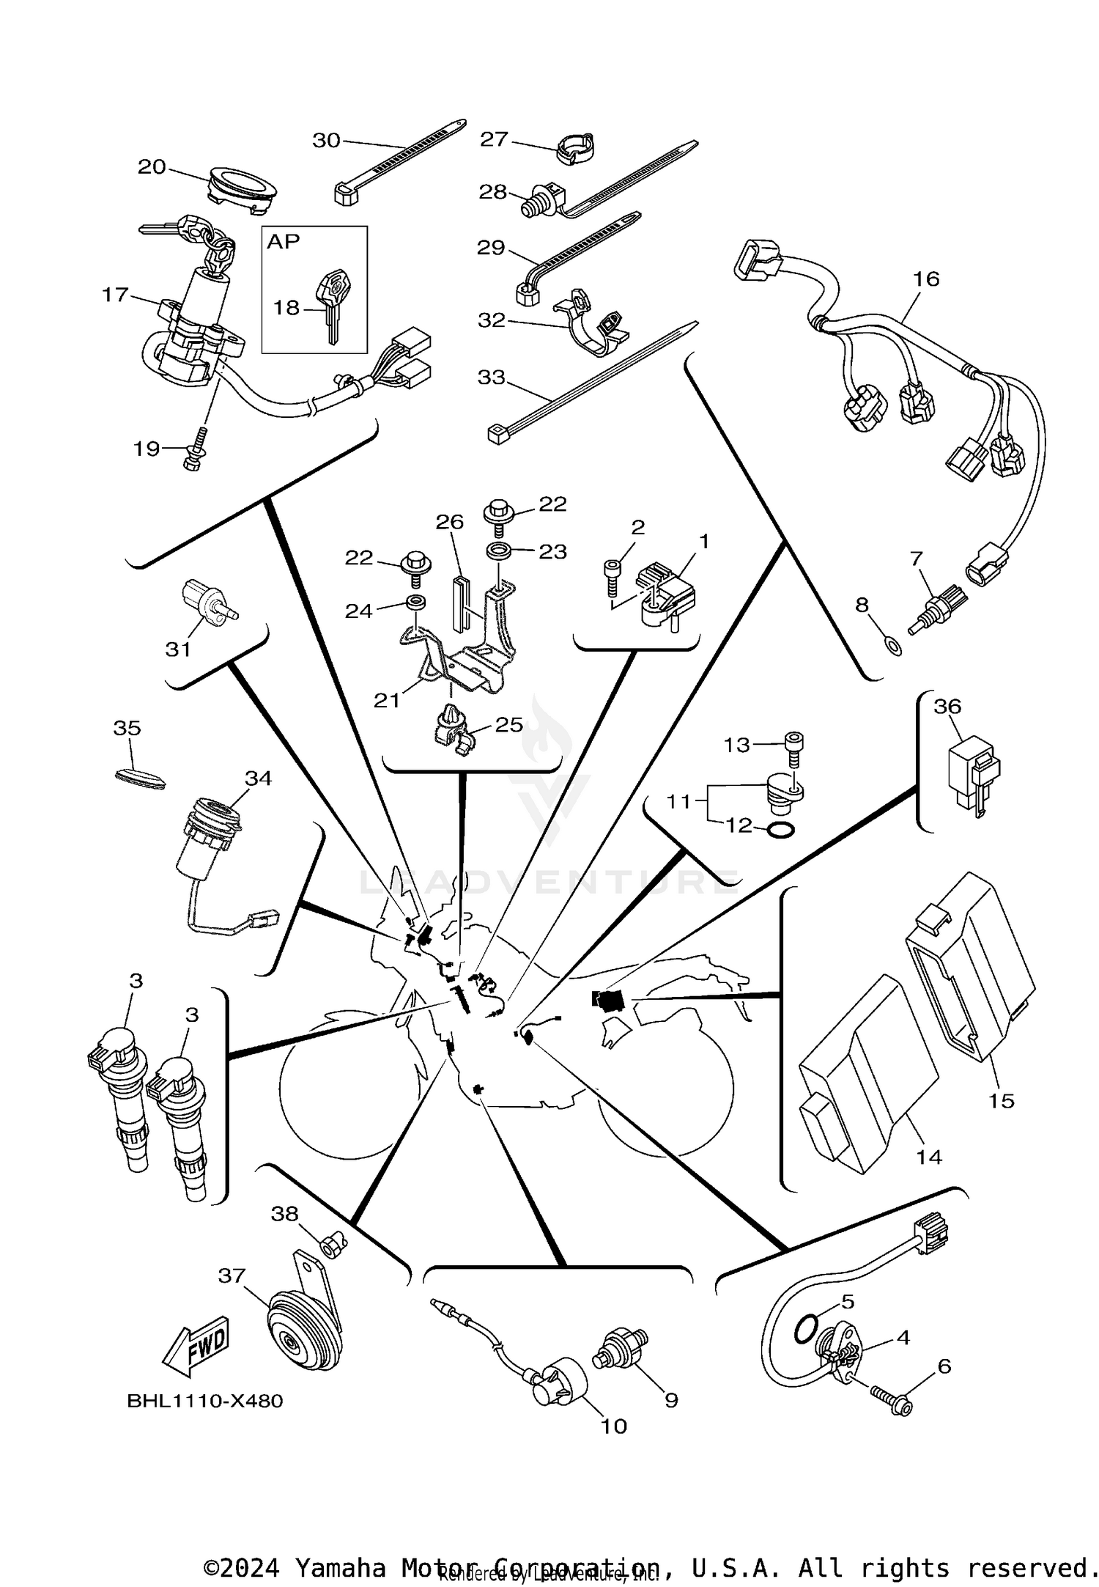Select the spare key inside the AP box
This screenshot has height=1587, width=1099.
coord(332,301)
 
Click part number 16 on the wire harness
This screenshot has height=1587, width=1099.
coord(926,279)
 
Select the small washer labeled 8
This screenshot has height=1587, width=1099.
coord(893,646)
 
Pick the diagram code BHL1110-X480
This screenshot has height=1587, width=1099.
coord(205,1401)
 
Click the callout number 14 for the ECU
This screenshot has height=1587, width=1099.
coord(930,1157)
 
